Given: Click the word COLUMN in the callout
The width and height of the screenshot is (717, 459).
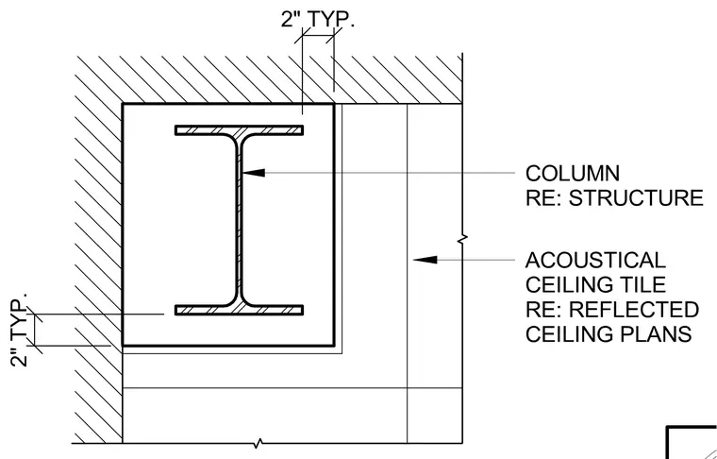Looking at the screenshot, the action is [x=573, y=174].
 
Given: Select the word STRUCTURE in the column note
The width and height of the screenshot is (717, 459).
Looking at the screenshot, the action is [x=636, y=198].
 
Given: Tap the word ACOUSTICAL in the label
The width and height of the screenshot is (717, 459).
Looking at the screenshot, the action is [x=595, y=261].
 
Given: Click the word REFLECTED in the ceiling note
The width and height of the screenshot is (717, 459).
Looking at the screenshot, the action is [x=634, y=310].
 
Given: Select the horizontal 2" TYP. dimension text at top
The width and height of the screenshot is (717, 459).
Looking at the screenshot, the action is [x=318, y=20].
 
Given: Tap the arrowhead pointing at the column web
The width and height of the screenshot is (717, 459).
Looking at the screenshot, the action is [x=254, y=173].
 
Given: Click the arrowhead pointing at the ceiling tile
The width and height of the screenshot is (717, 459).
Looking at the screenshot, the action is [x=425, y=260].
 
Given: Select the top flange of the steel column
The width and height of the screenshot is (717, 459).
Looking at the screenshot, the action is [x=239, y=130].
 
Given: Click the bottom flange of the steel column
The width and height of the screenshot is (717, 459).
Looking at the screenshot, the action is [x=239, y=311].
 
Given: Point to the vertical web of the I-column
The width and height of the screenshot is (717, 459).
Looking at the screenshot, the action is [x=239, y=220].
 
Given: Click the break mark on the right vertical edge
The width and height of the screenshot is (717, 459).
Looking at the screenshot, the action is [x=462, y=239].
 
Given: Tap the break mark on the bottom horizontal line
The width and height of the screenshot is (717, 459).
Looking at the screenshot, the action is [x=258, y=443].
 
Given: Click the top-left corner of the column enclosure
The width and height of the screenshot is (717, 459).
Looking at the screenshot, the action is [x=123, y=104].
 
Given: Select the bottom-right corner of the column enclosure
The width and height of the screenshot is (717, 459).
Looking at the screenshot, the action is [x=334, y=345].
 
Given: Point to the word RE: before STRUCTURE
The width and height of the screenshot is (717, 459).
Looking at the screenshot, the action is [x=544, y=198].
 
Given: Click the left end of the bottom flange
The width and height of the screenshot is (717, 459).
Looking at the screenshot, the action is [x=175, y=311].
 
